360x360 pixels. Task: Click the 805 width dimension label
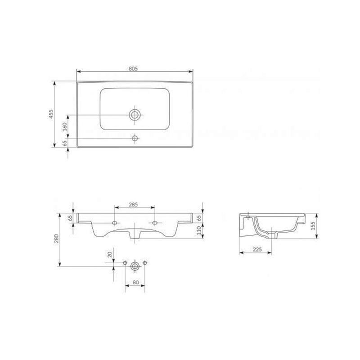(x=132, y=68)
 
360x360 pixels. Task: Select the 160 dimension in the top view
(x=64, y=126)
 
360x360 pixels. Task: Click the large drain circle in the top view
(x=134, y=115)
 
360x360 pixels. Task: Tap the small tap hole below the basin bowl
(x=135, y=138)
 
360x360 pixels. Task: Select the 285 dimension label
(x=133, y=204)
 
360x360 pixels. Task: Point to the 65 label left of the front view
(x=70, y=218)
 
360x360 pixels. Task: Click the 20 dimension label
(x=109, y=254)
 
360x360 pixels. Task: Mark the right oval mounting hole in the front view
(x=156, y=223)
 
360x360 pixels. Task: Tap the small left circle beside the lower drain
(x=125, y=262)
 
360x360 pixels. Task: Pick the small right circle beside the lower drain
(x=144, y=262)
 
